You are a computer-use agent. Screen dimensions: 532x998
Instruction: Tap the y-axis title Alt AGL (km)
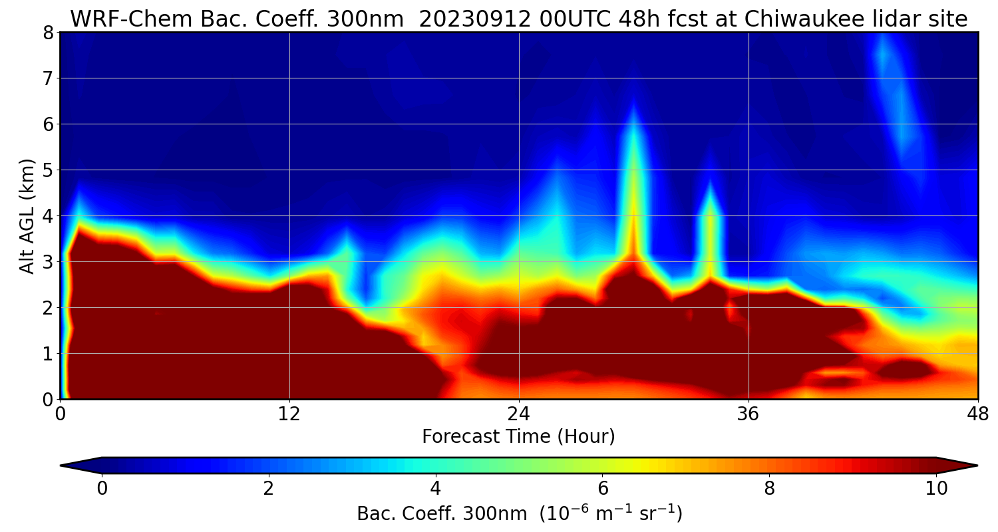[27, 215]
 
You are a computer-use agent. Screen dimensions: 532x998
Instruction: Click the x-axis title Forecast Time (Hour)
[518, 437]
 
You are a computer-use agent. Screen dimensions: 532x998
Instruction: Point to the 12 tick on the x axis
[289, 413]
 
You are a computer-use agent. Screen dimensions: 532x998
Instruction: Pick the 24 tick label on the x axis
[519, 413]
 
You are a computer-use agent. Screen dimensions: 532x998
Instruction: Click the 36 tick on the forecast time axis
[748, 413]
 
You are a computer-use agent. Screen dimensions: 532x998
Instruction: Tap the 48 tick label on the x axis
[977, 413]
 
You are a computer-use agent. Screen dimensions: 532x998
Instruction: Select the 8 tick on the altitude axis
[47, 33]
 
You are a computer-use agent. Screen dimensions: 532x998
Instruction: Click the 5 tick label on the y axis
[47, 170]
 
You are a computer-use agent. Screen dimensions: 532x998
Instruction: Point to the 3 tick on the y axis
[47, 262]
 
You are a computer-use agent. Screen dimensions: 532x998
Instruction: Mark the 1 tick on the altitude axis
[47, 354]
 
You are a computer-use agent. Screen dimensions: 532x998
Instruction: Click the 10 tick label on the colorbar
[936, 489]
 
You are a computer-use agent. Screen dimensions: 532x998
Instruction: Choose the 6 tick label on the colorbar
[602, 489]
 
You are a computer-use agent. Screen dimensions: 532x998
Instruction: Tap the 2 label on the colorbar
[269, 489]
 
